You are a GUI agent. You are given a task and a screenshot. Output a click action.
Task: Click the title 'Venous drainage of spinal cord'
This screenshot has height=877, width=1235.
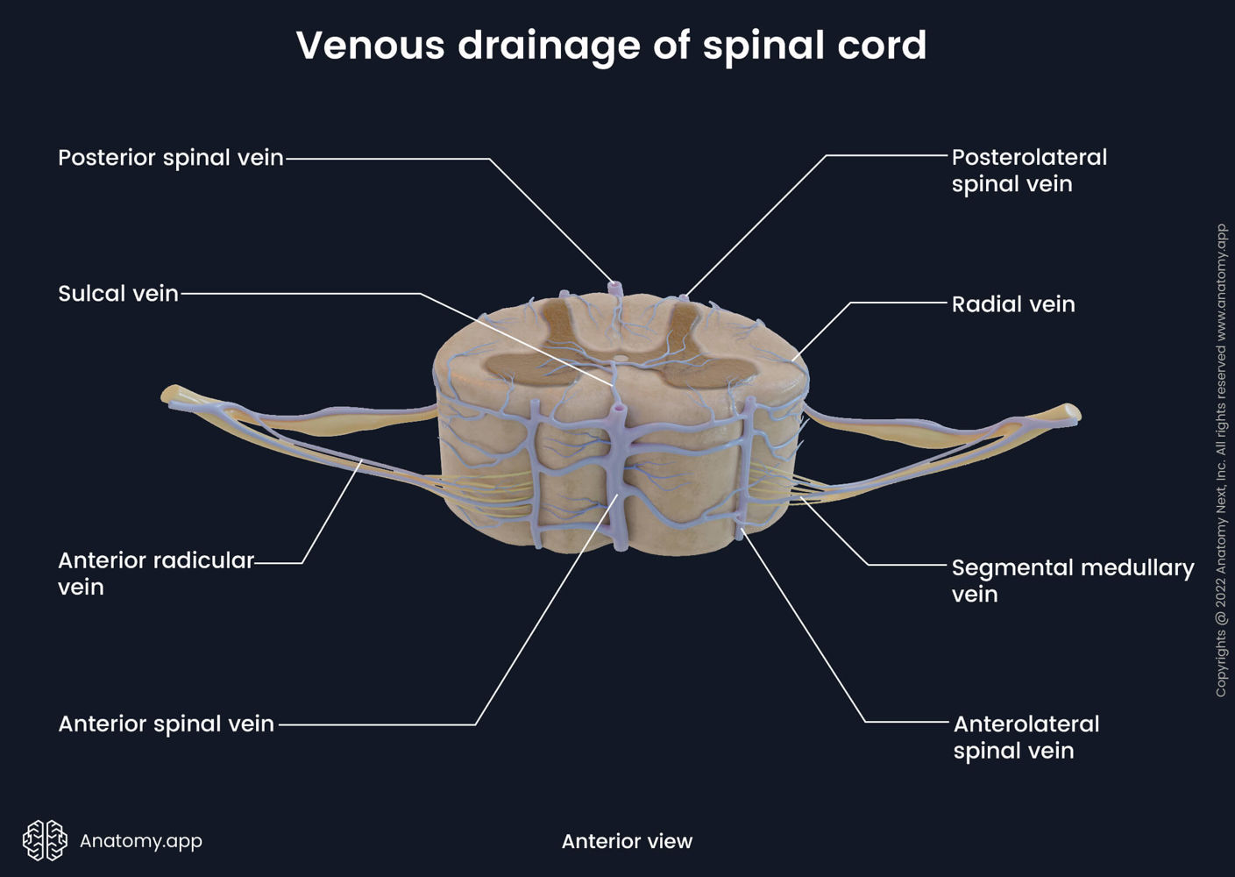[x=611, y=46]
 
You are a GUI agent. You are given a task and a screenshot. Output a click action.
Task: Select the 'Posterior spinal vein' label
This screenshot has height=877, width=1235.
[x=171, y=158]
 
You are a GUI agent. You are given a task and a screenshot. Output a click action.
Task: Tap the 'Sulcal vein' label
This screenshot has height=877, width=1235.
[x=118, y=294]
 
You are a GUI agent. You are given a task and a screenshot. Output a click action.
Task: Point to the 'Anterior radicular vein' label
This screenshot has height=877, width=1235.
[x=155, y=574]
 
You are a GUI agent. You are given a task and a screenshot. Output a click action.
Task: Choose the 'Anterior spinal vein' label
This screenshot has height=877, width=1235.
[x=166, y=724]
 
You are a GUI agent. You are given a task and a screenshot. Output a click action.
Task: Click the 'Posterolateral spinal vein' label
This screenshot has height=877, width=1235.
[x=1029, y=170]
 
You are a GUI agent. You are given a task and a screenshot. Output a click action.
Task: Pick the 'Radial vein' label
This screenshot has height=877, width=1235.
[x=1013, y=304]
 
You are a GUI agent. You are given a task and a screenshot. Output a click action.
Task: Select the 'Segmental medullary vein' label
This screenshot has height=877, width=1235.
[x=1072, y=581]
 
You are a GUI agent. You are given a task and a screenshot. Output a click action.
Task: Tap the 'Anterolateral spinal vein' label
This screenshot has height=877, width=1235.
[x=1026, y=738]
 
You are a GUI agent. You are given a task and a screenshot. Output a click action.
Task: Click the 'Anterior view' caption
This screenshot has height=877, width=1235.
[x=627, y=841]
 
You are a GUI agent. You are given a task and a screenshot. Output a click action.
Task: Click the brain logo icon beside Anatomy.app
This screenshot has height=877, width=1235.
[x=45, y=840]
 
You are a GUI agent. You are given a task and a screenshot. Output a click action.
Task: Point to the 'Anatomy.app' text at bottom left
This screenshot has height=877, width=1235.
[x=141, y=841]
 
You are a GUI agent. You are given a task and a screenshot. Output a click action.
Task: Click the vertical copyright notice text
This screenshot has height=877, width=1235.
[x=1221, y=460]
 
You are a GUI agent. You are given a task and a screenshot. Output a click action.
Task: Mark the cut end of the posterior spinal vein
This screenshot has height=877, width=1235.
[x=615, y=286]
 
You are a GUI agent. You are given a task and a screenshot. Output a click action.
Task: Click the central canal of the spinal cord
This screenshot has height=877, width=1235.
[x=621, y=358]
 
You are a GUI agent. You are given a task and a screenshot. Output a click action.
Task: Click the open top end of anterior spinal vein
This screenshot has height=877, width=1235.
[x=620, y=408]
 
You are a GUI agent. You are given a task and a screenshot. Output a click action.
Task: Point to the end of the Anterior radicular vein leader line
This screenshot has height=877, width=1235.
[x=361, y=463]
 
